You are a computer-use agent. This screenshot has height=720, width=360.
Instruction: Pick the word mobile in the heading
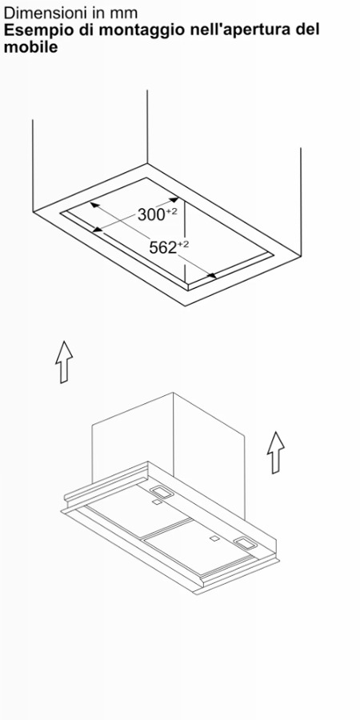(30, 47)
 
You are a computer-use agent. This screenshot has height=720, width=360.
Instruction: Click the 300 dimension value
(151, 214)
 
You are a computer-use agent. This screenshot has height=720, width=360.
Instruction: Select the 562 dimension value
(163, 248)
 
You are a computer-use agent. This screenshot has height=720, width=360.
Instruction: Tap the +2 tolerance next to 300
(171, 210)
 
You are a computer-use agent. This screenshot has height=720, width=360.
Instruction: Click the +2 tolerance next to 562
(182, 244)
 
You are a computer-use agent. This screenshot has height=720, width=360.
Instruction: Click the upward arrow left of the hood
(64, 362)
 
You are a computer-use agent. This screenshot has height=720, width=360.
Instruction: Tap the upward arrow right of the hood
(275, 452)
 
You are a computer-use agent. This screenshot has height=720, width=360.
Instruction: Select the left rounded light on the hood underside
(162, 492)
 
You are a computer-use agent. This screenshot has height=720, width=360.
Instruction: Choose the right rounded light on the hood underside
(246, 543)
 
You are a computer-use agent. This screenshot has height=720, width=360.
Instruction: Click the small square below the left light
(157, 503)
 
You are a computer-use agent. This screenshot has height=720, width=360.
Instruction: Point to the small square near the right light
(214, 538)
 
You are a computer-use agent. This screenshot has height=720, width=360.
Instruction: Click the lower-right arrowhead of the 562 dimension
(212, 275)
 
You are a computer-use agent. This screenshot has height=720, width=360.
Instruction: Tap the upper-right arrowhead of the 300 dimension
(174, 200)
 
